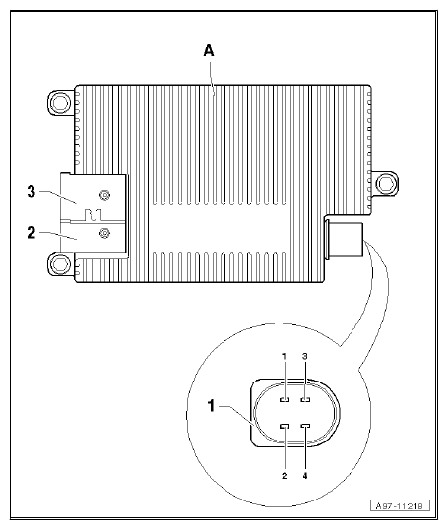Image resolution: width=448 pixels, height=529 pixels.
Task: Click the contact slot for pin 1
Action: pyautogui.click(x=285, y=401)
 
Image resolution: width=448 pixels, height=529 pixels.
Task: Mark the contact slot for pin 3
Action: pyautogui.click(x=306, y=401)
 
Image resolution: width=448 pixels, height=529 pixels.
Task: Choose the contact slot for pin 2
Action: pyautogui.click(x=285, y=426)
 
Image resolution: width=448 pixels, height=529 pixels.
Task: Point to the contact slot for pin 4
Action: pyautogui.click(x=306, y=426)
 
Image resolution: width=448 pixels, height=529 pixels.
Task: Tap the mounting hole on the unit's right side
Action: pyautogui.click(x=391, y=183)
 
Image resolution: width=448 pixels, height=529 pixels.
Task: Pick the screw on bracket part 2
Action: pyautogui.click(x=103, y=232)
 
